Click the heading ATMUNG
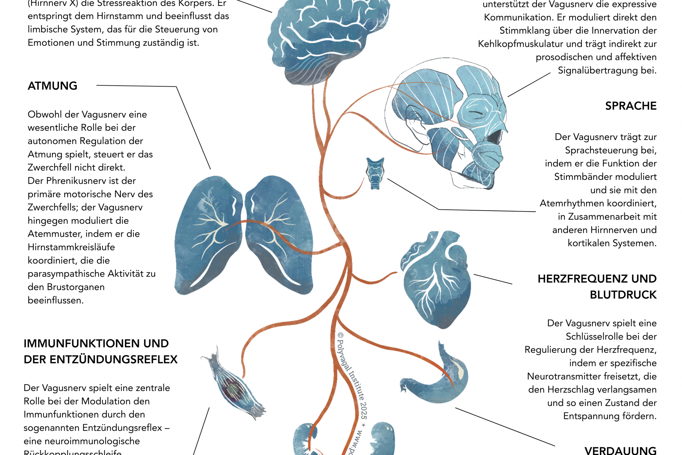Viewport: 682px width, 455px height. [x=52, y=86]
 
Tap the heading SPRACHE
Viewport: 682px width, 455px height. [x=630, y=106]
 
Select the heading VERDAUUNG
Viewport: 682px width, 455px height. [x=620, y=450]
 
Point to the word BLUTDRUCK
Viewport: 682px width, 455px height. [x=623, y=295]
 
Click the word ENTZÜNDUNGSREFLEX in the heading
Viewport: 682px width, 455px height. [x=114, y=360]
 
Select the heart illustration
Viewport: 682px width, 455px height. [x=436, y=280]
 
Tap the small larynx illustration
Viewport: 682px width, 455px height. [x=375, y=173]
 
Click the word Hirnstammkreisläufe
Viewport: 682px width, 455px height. [x=71, y=247]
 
